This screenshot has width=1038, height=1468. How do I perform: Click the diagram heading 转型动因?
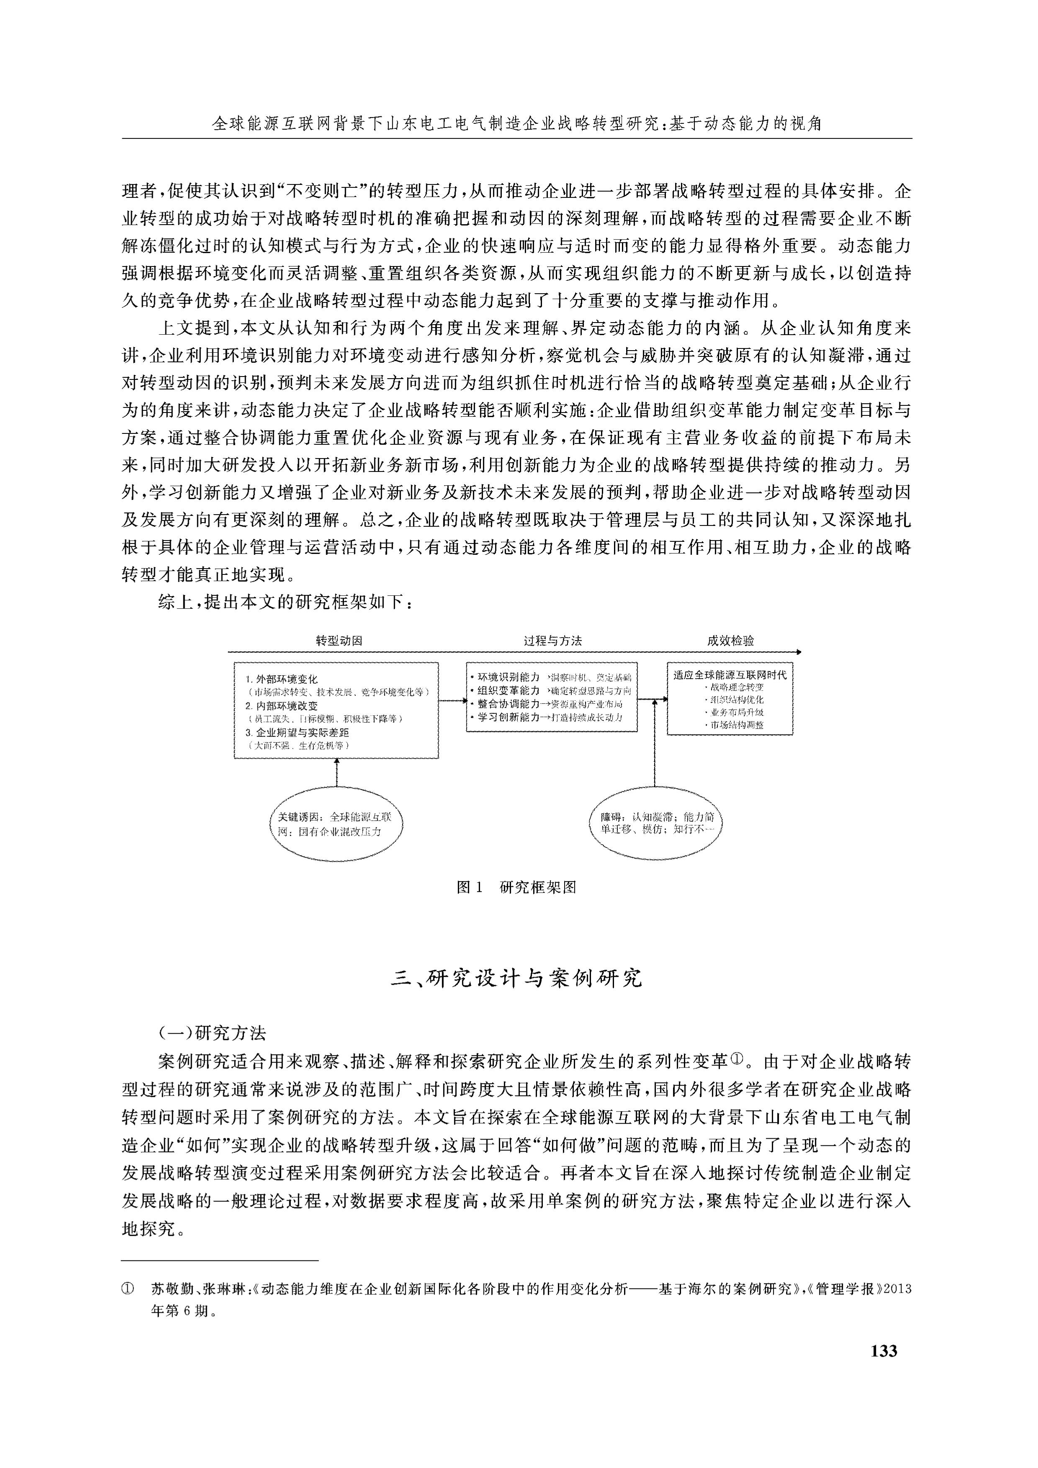pos(339,640)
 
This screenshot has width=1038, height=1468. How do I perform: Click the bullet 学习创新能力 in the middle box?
pos(509,717)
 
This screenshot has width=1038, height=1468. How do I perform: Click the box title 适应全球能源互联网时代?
pos(730,674)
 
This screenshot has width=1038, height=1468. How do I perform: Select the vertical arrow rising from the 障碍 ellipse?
pos(655,742)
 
